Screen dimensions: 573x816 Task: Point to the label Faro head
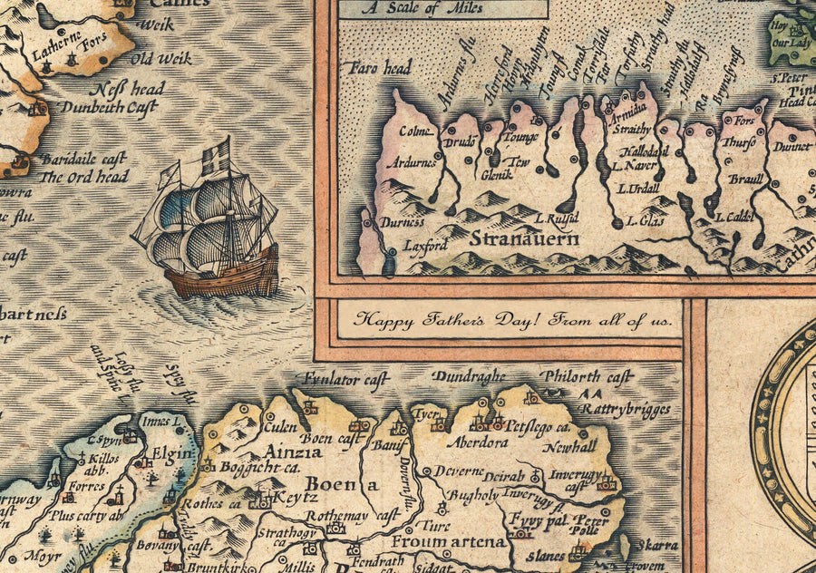click(x=378, y=68)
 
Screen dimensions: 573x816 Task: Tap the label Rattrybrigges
click(x=626, y=410)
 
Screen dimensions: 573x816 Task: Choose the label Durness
click(x=401, y=220)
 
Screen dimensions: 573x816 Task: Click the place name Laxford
click(x=425, y=245)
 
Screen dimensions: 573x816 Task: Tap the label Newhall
click(x=569, y=447)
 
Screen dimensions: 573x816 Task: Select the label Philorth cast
click(x=585, y=375)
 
